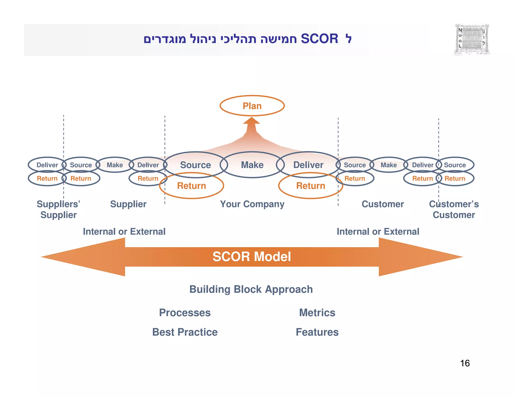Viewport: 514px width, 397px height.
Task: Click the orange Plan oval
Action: coord(252,106)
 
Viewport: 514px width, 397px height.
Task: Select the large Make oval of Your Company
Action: coord(252,165)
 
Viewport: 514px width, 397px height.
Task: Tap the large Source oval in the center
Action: coord(196,165)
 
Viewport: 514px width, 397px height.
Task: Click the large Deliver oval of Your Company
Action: coord(308,165)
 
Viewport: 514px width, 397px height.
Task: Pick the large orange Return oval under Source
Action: coord(191,186)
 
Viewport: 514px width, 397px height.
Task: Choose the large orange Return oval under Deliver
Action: coord(310,186)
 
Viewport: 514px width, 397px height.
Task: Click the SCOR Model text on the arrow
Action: coord(252,257)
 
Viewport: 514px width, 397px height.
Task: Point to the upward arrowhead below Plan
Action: coord(251,121)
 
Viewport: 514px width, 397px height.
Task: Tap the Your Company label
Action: coord(252,204)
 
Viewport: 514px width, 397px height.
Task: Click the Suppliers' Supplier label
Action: coord(58,209)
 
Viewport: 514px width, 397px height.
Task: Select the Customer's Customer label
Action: coord(454,209)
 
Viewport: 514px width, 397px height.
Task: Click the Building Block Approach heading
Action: coord(251,289)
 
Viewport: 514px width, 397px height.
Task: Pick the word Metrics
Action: coord(317,313)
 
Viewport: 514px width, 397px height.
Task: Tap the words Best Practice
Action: coord(185,332)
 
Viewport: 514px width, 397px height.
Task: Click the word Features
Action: coord(317,332)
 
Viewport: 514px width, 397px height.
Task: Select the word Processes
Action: coord(185,313)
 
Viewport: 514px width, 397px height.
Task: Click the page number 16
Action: coord(465,363)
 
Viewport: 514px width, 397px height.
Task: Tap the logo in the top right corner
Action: coord(472,39)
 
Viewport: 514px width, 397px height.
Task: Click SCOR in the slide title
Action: coord(319,39)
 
